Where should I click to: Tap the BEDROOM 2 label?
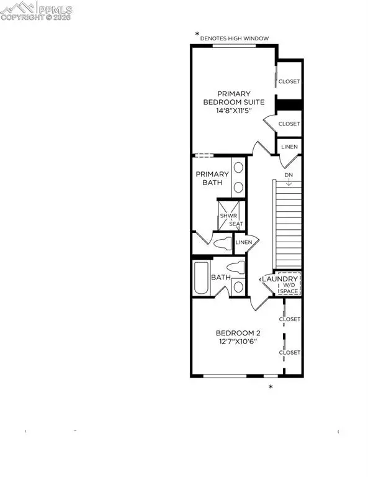click(233, 332)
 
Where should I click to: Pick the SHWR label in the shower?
click(225, 216)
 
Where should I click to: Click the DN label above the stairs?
click(289, 176)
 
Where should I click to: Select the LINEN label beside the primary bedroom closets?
click(289, 147)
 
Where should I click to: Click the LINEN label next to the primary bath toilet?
click(243, 242)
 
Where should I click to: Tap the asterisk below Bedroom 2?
click(271, 388)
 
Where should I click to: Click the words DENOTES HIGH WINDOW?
click(235, 39)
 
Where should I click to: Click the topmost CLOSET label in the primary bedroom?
click(289, 81)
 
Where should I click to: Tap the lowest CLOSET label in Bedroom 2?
click(289, 352)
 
